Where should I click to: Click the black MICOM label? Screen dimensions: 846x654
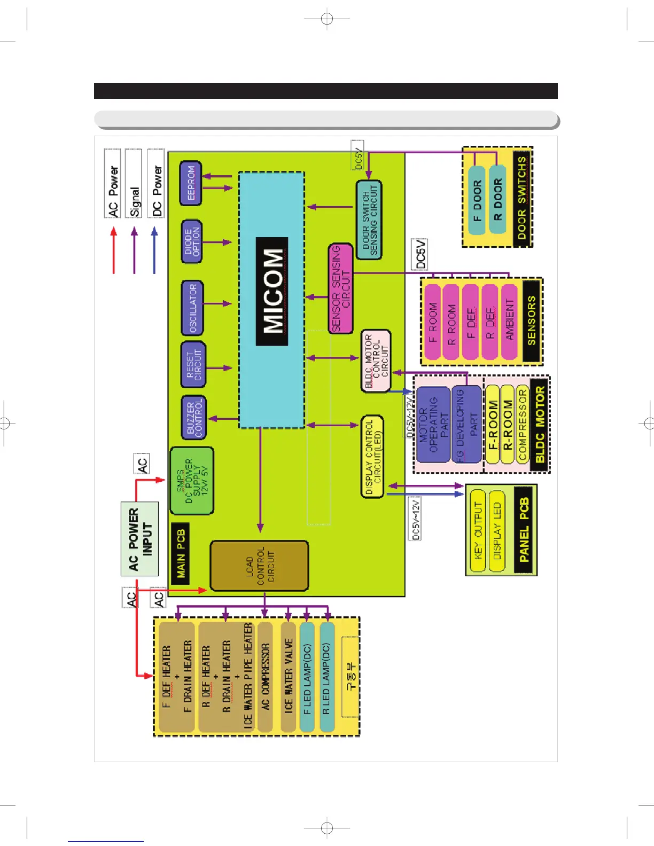pos(272,292)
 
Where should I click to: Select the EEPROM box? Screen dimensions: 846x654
pos(191,183)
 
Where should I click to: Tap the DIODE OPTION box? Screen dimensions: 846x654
pos(192,242)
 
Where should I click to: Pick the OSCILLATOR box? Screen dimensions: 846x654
pos(192,308)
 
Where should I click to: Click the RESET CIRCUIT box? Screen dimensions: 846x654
pos(193,365)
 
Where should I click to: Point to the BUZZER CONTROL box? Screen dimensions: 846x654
pos(193,418)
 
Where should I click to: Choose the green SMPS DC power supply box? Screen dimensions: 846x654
pos(192,481)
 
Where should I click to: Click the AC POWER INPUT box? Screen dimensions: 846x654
pos(140,539)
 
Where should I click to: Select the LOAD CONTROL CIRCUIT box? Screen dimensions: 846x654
pos(259,566)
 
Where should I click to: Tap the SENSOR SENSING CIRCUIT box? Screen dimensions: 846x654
pos(340,288)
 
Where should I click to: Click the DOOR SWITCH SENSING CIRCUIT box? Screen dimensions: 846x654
pos(369,220)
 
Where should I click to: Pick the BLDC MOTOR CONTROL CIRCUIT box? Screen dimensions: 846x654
pos(376,361)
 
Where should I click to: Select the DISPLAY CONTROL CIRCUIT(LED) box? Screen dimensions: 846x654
pos(372,457)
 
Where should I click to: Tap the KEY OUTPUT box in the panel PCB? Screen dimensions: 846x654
pos(478,530)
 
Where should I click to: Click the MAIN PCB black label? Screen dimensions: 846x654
pos(181,553)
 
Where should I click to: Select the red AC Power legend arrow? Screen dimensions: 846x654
pos(113,250)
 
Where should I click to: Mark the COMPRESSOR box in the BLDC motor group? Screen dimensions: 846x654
pos(522,425)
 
